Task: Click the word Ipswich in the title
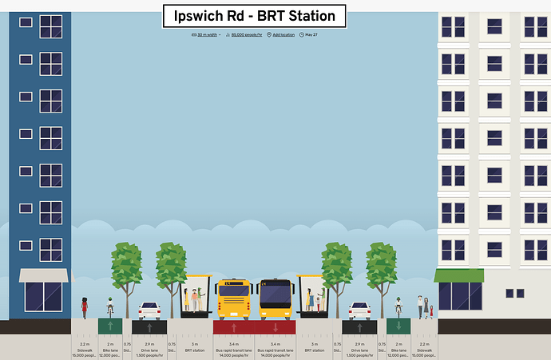click(204, 16)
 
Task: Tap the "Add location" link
click(283, 35)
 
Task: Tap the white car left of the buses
click(149, 311)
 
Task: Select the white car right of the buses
click(359, 310)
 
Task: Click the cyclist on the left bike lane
click(110, 307)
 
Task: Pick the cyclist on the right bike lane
click(398, 307)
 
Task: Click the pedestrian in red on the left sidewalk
click(84, 307)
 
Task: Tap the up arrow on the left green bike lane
click(110, 326)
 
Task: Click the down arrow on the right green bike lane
click(398, 326)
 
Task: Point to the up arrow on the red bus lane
click(234, 327)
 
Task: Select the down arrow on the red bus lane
click(275, 327)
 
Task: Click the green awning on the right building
click(459, 275)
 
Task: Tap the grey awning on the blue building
click(44, 275)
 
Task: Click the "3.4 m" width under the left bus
click(234, 343)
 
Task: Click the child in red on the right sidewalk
click(431, 311)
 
